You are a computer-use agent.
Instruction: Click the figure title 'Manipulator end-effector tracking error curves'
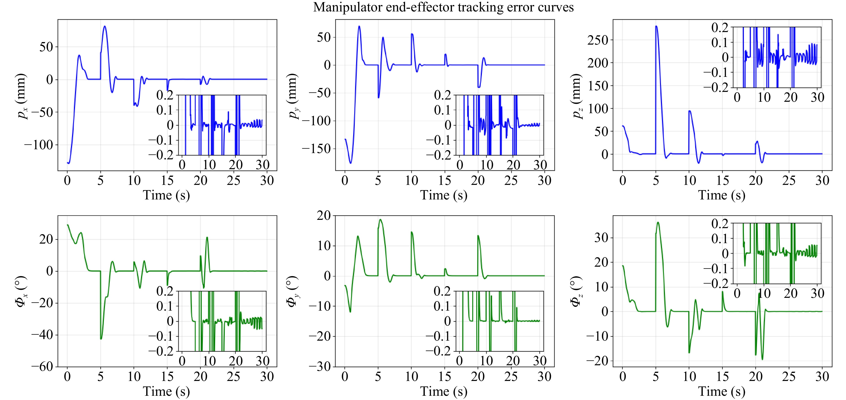click(x=443, y=7)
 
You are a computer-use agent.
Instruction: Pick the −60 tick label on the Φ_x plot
click(x=42, y=366)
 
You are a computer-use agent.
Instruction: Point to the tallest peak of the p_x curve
click(x=105, y=26)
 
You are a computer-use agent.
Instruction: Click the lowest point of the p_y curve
click(x=351, y=163)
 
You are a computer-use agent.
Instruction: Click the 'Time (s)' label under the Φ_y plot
click(x=444, y=391)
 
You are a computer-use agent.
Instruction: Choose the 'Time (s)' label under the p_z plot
click(x=722, y=195)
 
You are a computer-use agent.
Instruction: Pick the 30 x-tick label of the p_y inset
click(x=540, y=165)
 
